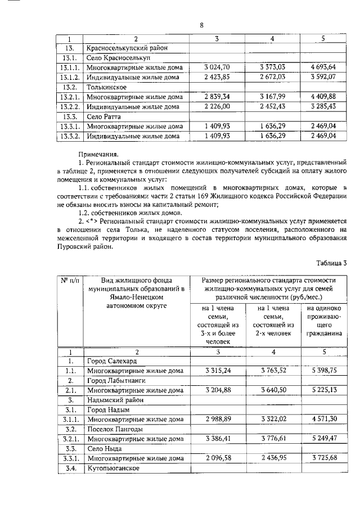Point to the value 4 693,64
[321, 67]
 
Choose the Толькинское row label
[106, 87]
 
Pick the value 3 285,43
[321, 106]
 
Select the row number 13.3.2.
[69, 136]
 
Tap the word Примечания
[98, 153]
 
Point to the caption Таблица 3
[332, 263]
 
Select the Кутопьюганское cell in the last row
[113, 469]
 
